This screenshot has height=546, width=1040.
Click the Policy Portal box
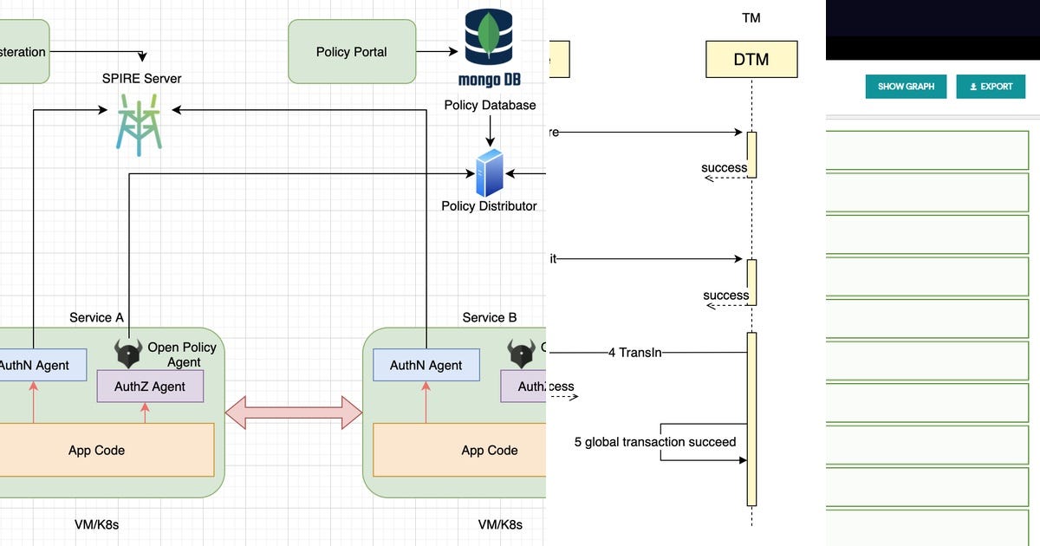[351, 52]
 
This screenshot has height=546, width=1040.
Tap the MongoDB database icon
[489, 48]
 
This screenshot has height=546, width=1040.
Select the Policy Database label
[490, 105]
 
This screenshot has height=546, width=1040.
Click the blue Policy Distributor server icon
[489, 172]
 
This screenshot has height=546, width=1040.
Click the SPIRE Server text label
[141, 79]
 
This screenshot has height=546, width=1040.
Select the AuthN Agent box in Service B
[426, 365]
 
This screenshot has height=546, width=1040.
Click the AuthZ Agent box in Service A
[150, 387]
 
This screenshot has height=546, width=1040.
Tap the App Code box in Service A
[97, 450]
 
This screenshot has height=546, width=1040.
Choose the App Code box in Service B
[489, 450]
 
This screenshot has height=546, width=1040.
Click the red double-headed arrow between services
[293, 413]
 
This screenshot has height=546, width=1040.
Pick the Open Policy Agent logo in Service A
[128, 354]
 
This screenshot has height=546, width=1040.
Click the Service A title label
[96, 317]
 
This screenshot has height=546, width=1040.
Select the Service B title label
[489, 317]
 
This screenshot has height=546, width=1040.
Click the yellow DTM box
[751, 60]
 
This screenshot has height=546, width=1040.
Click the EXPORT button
[991, 87]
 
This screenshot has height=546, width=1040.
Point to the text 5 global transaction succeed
[654, 442]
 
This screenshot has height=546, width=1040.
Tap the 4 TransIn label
[635, 353]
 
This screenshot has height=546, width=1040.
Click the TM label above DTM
[751, 18]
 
